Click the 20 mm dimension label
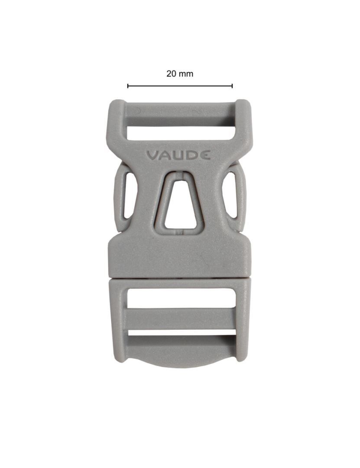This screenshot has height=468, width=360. click(x=180, y=74)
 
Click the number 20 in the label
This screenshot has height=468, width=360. click(x=171, y=74)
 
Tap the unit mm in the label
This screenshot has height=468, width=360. click(x=186, y=74)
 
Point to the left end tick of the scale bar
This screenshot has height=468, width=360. click(x=128, y=86)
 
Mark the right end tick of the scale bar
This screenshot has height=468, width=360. click(x=232, y=86)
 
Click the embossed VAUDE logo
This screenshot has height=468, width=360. click(x=178, y=155)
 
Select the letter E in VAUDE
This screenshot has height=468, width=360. click(x=206, y=155)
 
